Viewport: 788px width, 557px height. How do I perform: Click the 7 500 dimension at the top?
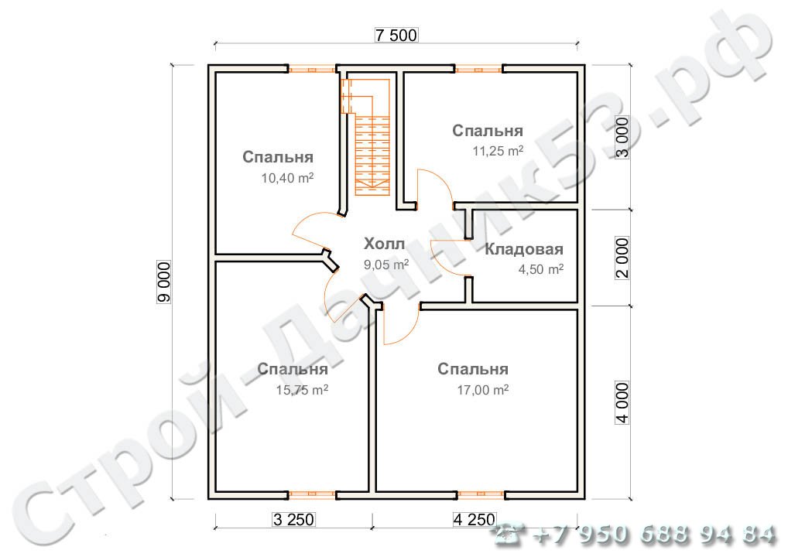click(396, 35)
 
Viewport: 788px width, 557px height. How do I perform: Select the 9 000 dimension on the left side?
click(164, 282)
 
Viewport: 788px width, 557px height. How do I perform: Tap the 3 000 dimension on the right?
click(622, 138)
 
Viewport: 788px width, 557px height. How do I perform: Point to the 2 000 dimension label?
click(622, 258)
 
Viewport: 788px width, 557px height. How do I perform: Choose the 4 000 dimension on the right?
click(622, 403)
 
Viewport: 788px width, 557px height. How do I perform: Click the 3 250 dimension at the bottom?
click(293, 519)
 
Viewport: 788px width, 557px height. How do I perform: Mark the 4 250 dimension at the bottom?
click(475, 519)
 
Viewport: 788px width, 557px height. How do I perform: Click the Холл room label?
click(384, 244)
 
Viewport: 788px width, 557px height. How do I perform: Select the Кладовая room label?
click(524, 249)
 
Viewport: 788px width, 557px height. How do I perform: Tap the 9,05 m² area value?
click(386, 264)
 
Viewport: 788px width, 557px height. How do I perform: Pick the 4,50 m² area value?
click(541, 269)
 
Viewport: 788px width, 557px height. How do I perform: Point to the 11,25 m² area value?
click(498, 151)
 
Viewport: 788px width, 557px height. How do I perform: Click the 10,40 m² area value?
click(287, 178)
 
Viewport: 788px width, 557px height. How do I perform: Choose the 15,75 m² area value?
click(302, 390)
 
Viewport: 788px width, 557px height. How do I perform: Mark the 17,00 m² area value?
click(482, 390)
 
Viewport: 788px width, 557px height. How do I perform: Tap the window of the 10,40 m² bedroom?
click(312, 70)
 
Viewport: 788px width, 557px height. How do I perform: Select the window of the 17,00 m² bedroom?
click(481, 495)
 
